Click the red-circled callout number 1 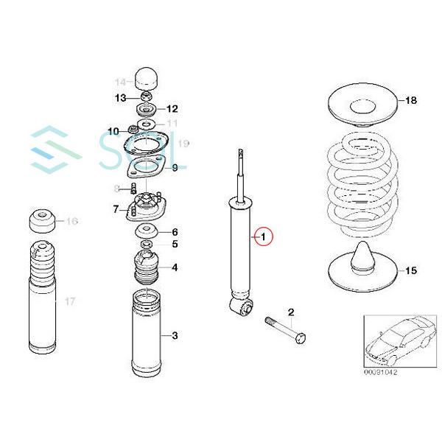pos(263,237)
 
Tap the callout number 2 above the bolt pos(290,313)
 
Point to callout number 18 pos(411,100)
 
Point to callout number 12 pos(172,108)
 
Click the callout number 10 pos(113,131)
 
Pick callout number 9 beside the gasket pos(175,168)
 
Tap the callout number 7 pos(116,209)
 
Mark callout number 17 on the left pos(70,301)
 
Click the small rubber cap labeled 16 pos(42,220)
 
